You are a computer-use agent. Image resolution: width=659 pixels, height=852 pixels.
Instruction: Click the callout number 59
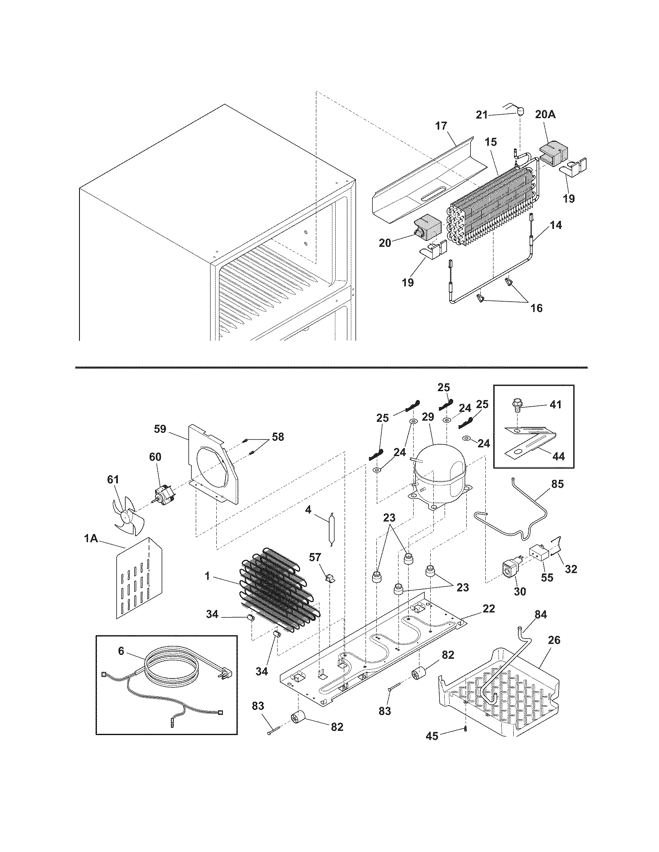pyautogui.click(x=160, y=429)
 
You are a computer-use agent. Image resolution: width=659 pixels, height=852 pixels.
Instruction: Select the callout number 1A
pyautogui.click(x=90, y=539)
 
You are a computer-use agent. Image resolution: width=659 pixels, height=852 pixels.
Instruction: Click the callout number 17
pyautogui.click(x=441, y=126)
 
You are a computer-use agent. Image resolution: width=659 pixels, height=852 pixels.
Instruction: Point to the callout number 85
pyautogui.click(x=558, y=484)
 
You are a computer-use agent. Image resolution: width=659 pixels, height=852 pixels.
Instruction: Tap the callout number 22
pyautogui.click(x=489, y=608)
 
